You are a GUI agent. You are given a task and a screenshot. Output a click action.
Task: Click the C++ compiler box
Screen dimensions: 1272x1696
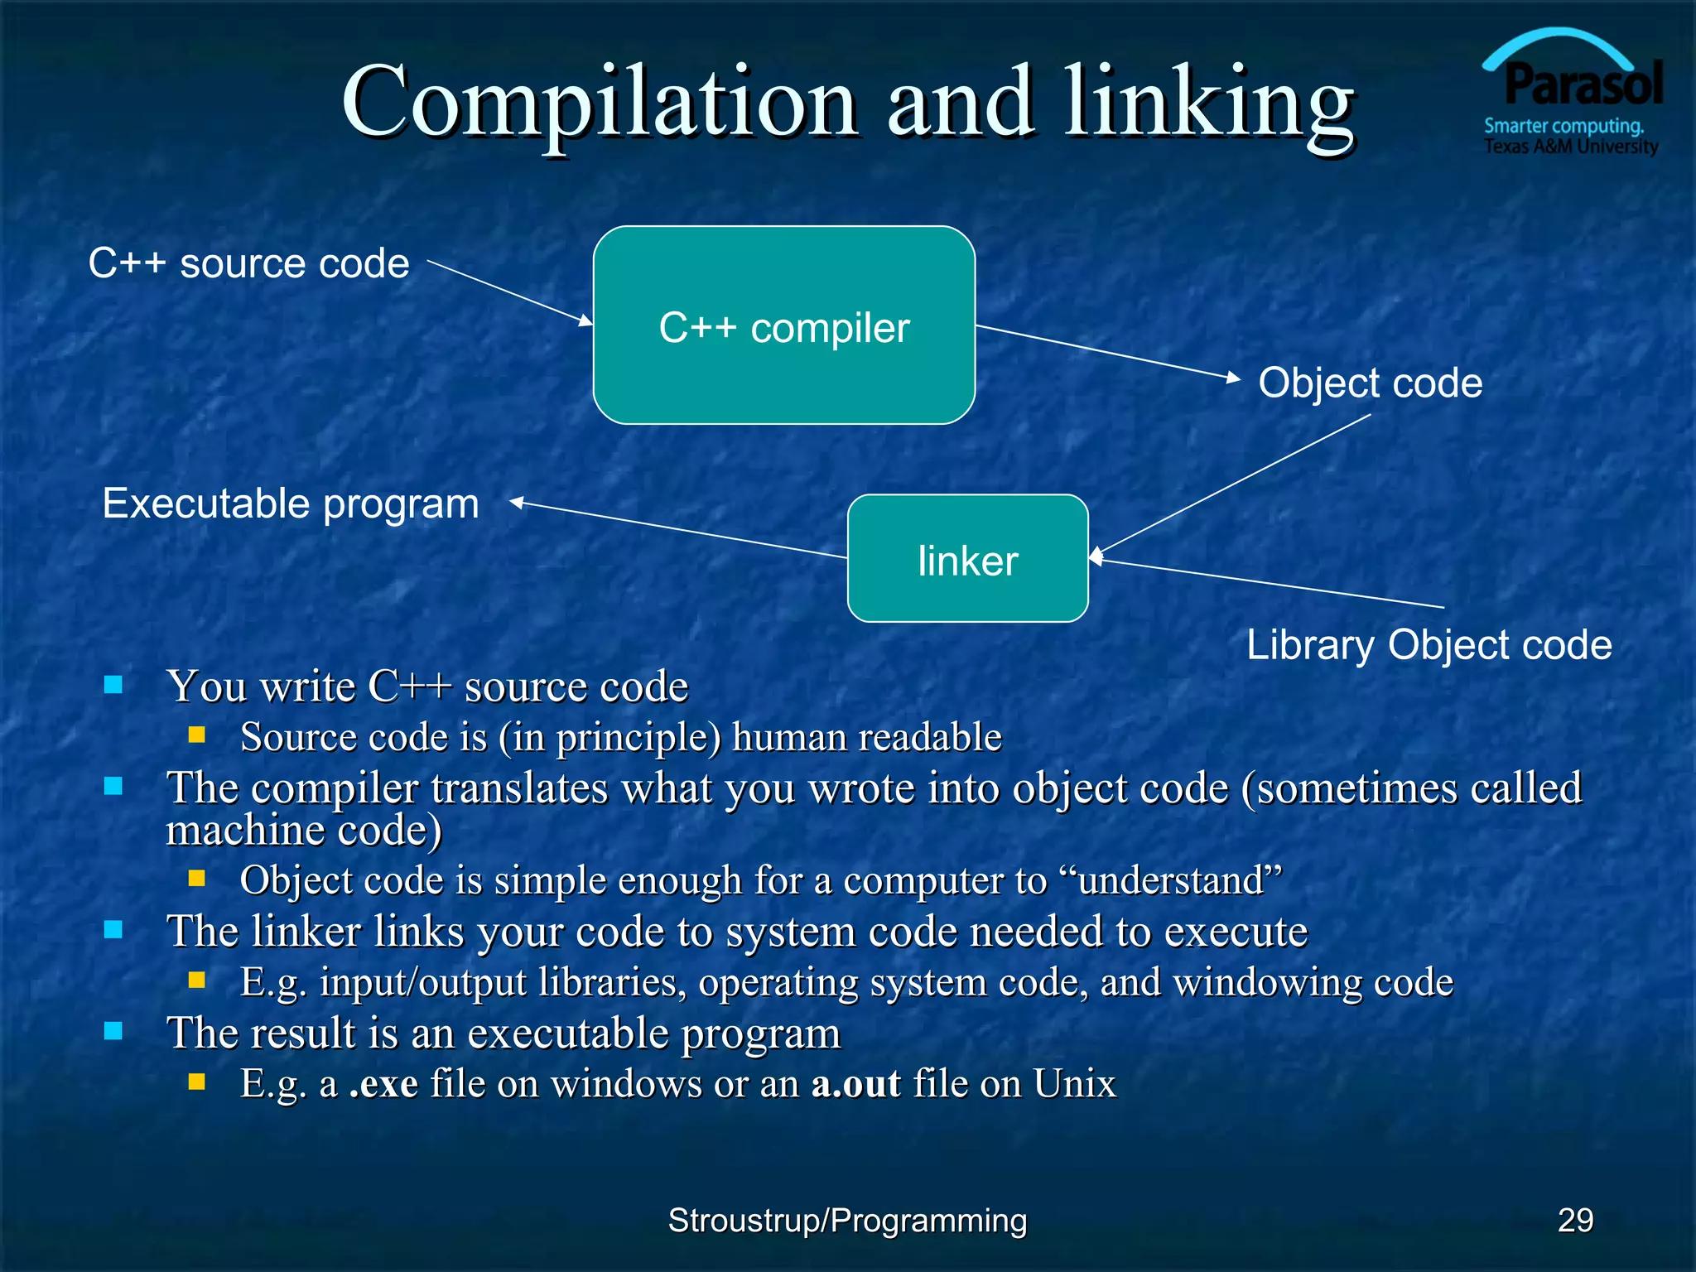pos(783,325)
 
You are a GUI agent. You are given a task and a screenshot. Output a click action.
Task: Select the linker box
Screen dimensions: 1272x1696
pos(967,559)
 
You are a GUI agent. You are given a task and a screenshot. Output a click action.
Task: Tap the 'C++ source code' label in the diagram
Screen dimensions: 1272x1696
pos(248,263)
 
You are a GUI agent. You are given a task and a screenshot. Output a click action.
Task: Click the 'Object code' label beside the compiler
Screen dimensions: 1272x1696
pos(1371,383)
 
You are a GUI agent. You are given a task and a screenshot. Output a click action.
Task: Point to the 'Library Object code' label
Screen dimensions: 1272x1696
pos(1429,644)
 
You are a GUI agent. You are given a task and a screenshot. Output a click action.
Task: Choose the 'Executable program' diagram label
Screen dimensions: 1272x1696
pos(291,503)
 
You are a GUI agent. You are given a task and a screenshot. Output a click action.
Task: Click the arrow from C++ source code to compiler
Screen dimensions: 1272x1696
pos(509,291)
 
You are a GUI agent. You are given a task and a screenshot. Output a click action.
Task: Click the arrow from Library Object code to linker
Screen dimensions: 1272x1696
pos(1267,584)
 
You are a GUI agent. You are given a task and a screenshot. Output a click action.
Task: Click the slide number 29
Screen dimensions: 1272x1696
pos(1575,1220)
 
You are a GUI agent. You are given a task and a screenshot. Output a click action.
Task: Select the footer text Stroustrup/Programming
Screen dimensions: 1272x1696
pos(847,1220)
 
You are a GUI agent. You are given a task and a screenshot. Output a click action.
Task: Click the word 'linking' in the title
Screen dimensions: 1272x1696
pos(1209,104)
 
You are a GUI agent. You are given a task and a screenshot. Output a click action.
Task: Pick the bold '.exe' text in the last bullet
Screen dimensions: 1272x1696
pos(383,1083)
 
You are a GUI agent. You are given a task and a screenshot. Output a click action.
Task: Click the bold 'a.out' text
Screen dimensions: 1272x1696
pos(855,1083)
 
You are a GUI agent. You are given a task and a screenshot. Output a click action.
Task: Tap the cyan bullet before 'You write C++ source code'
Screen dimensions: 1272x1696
pos(113,685)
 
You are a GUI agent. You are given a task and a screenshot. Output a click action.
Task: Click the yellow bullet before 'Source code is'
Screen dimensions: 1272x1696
pos(196,735)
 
